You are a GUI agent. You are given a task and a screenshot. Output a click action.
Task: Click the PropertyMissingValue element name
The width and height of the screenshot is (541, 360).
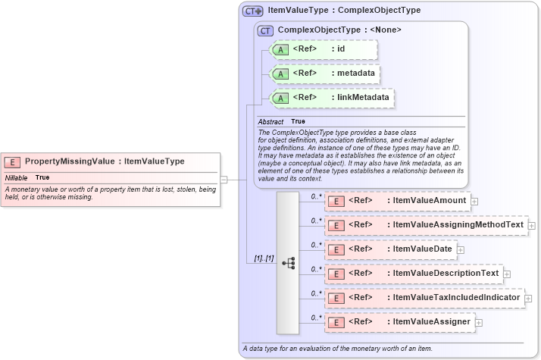click(x=70, y=161)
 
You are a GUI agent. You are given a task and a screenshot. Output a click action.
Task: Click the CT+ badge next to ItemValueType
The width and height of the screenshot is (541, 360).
click(x=252, y=11)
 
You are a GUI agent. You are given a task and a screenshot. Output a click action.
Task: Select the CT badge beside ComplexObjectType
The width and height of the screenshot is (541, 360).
click(x=265, y=30)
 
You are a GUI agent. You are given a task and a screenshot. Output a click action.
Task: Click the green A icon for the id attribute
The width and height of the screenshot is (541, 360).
click(x=280, y=49)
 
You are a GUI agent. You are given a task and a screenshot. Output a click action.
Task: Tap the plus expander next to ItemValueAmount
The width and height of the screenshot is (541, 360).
click(x=474, y=201)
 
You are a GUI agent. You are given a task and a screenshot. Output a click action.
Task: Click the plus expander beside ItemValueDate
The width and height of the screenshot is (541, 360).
click(x=461, y=249)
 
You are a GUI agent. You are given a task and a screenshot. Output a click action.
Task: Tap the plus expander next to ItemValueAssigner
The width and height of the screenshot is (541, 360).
click(x=479, y=322)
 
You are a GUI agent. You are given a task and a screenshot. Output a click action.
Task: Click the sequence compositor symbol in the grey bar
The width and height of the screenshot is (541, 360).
click(x=288, y=262)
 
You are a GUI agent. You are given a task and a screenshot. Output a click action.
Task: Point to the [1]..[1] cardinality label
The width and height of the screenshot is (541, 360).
click(x=264, y=259)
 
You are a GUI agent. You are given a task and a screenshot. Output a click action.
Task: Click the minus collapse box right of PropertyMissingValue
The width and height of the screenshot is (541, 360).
click(x=224, y=180)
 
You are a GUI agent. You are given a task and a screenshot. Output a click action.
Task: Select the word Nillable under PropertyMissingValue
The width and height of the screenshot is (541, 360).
click(x=17, y=177)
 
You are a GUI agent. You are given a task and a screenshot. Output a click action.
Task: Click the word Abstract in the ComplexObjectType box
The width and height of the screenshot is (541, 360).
click(x=270, y=121)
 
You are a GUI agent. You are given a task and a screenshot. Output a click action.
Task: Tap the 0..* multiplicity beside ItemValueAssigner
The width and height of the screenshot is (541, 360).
click(x=316, y=317)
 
